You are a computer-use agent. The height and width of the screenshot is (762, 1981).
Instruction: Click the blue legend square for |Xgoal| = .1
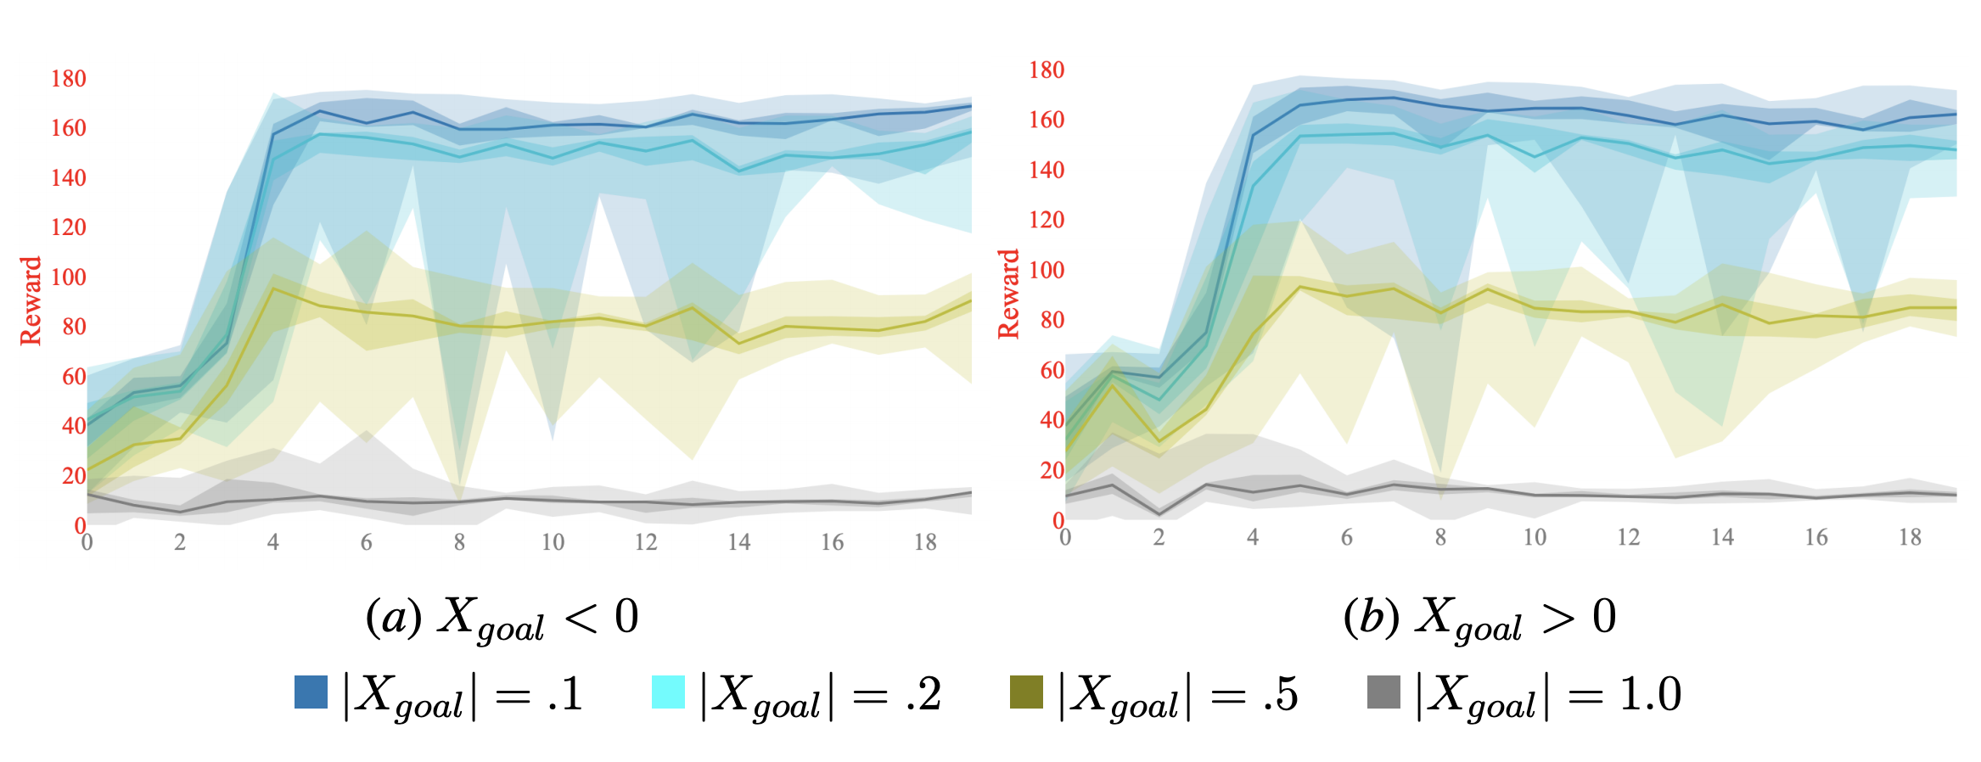(311, 692)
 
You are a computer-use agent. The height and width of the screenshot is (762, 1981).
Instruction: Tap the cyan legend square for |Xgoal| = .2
(668, 692)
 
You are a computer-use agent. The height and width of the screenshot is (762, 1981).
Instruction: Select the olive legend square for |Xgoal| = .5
(1026, 692)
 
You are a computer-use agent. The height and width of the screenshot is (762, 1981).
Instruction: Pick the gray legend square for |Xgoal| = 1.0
(1383, 692)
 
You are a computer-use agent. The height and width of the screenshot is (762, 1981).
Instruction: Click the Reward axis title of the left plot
(31, 300)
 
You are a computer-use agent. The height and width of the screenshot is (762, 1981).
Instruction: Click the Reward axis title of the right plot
(1008, 294)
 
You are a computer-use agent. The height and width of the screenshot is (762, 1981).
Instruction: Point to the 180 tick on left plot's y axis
(69, 79)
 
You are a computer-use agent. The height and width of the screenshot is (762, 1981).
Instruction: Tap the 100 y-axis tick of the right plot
(1046, 271)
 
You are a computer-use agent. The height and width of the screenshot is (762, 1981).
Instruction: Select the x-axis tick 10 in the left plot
(553, 542)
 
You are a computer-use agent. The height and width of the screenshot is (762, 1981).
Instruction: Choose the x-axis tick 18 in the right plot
(1910, 537)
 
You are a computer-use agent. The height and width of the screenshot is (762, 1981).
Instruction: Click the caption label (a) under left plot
(393, 617)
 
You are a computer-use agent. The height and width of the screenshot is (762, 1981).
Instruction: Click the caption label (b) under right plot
(1371, 617)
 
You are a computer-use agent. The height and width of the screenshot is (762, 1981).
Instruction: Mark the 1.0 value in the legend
(1650, 694)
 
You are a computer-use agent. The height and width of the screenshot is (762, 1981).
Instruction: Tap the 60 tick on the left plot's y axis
(74, 377)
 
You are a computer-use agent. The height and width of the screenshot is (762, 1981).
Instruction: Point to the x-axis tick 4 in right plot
(1253, 537)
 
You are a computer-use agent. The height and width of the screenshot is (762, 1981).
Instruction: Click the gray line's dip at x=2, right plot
(1159, 514)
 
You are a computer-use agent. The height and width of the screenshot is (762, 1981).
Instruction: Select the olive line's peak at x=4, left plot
(273, 289)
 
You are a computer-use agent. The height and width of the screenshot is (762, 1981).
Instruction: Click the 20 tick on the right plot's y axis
(1052, 470)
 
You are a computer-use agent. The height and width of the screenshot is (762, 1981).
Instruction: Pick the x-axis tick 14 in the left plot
(738, 542)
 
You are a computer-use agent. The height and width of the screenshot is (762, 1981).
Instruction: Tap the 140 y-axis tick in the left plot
(69, 178)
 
